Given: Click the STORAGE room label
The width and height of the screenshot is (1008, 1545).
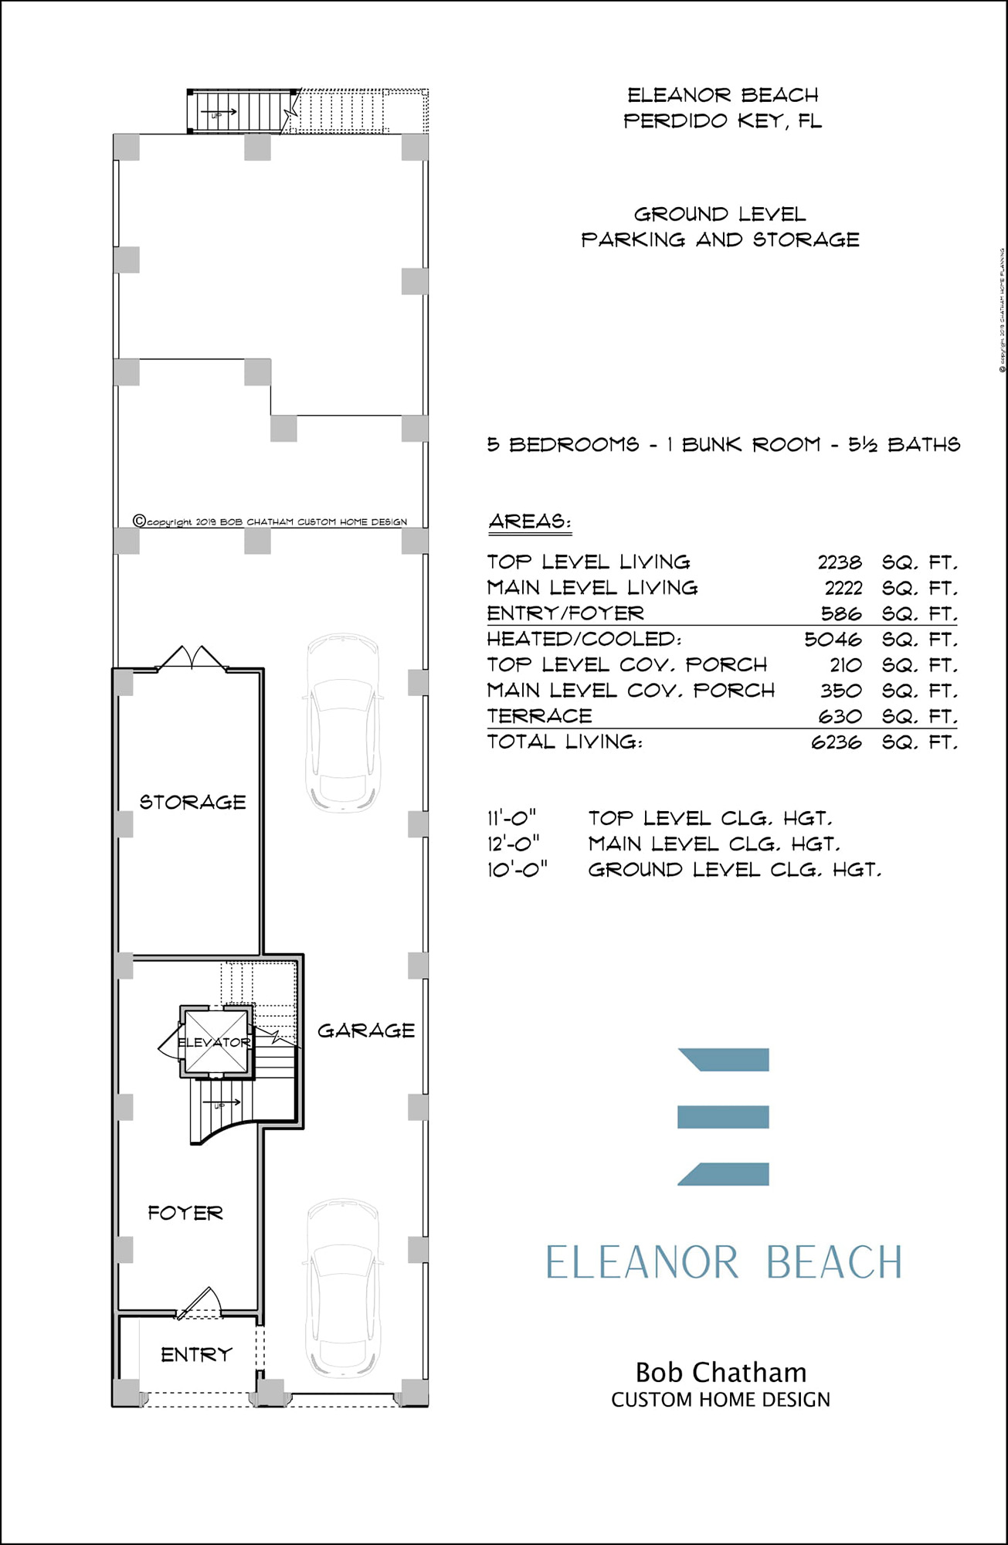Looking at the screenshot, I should tap(192, 802).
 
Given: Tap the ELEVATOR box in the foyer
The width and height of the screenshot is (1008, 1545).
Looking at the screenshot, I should tap(216, 1041).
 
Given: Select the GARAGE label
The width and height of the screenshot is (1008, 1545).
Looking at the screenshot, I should tap(366, 1030).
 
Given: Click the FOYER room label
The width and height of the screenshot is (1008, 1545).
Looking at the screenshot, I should tap(185, 1213).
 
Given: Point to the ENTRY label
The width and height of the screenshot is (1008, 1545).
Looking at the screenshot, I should tap(196, 1354).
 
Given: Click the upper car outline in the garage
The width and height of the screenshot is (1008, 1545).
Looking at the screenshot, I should tap(343, 723).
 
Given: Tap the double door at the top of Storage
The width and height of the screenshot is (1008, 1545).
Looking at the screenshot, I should tap(192, 658).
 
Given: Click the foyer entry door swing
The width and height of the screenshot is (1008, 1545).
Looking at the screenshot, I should tap(201, 1302).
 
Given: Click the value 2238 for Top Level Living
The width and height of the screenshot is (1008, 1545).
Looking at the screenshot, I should tap(840, 562).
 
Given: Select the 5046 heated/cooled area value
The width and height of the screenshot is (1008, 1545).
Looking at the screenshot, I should tap(833, 640).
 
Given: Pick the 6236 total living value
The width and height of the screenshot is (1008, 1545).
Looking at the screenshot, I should tap(836, 742).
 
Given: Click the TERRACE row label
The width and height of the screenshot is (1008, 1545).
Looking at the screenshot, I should tap(540, 716).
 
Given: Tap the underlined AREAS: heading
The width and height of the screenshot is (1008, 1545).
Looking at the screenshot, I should tap(530, 521).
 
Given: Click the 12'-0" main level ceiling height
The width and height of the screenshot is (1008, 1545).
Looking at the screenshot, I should tap(513, 844).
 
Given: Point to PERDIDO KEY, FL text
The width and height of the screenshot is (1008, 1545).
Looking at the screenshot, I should tap(722, 121).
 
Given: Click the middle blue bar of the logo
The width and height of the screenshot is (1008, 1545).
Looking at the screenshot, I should tap(723, 1116).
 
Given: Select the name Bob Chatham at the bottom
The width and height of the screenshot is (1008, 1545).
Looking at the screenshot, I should tap(721, 1373).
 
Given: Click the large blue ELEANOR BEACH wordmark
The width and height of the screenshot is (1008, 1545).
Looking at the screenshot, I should tap(724, 1262).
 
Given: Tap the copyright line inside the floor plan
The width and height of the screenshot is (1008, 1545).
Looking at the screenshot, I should tap(270, 521).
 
